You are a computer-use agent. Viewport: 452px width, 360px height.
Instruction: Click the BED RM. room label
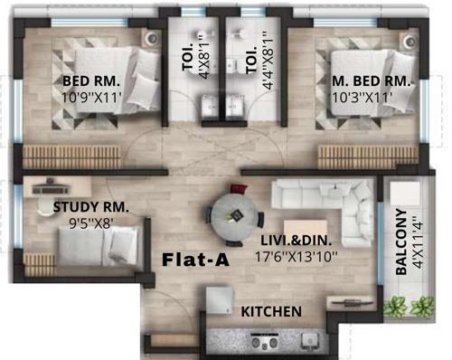[86, 81]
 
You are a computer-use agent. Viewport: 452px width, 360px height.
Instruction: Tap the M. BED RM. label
[368, 81]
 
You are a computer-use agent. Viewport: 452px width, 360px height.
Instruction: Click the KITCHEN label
[270, 311]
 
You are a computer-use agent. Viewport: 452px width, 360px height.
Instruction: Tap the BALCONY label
[401, 242]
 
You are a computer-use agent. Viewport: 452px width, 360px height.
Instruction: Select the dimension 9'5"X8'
[80, 223]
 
